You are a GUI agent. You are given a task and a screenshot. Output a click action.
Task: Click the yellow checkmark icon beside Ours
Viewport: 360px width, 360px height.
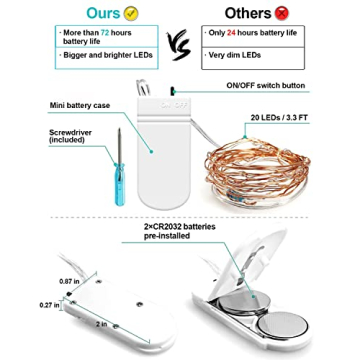click(x=131, y=13)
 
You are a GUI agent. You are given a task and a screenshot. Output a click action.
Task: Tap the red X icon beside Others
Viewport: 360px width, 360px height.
click(x=282, y=13)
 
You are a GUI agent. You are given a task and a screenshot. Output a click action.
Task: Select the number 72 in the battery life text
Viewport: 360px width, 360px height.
click(x=105, y=33)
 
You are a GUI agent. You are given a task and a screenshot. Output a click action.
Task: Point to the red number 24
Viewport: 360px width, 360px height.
click(x=232, y=33)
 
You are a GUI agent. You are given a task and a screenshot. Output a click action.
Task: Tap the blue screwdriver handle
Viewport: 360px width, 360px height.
click(x=120, y=184)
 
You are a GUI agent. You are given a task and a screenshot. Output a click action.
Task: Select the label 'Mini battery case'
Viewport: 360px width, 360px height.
click(x=80, y=105)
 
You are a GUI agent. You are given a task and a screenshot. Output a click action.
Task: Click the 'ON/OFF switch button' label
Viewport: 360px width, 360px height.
click(x=266, y=85)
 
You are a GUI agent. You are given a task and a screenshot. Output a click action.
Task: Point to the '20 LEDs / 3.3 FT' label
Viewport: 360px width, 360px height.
click(x=279, y=117)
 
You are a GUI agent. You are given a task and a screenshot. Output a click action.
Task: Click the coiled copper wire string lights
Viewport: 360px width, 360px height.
click(x=257, y=170)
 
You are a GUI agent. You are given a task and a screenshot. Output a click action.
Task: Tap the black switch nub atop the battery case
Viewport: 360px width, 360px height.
click(x=173, y=91)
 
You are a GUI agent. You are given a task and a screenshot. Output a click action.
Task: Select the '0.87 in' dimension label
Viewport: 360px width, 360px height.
click(x=69, y=281)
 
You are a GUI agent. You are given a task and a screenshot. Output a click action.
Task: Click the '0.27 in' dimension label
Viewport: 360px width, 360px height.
click(x=49, y=305)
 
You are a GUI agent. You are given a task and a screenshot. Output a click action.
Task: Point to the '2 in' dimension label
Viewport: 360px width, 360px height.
click(x=101, y=324)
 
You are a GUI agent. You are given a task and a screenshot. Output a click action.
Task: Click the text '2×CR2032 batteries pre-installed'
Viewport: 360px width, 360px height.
click(x=180, y=231)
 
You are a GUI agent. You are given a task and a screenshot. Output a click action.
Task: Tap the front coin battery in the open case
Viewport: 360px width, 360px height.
click(x=284, y=326)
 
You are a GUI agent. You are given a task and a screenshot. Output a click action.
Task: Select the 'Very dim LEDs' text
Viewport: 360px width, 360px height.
click(x=235, y=55)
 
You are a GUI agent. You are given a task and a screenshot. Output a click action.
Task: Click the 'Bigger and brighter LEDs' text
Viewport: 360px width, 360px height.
click(x=108, y=55)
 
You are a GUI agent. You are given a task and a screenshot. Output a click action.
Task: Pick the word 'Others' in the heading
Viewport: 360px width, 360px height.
click(x=249, y=13)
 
